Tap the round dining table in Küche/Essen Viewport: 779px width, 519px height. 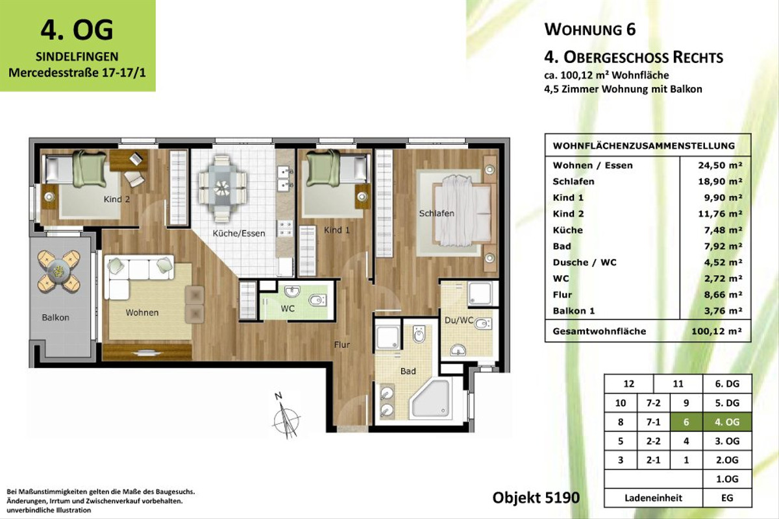[x=222, y=187]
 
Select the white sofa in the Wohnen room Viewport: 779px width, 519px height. [x=140, y=276]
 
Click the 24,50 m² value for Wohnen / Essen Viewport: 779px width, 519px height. [x=720, y=165]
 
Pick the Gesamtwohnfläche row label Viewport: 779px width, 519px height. [x=599, y=331]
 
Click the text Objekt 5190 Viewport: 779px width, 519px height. [x=536, y=498]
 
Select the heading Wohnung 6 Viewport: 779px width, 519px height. [x=590, y=29]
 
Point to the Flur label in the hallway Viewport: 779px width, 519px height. [x=342, y=345]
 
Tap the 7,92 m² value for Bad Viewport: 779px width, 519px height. [x=720, y=246]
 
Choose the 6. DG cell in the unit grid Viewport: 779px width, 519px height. [x=727, y=383]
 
